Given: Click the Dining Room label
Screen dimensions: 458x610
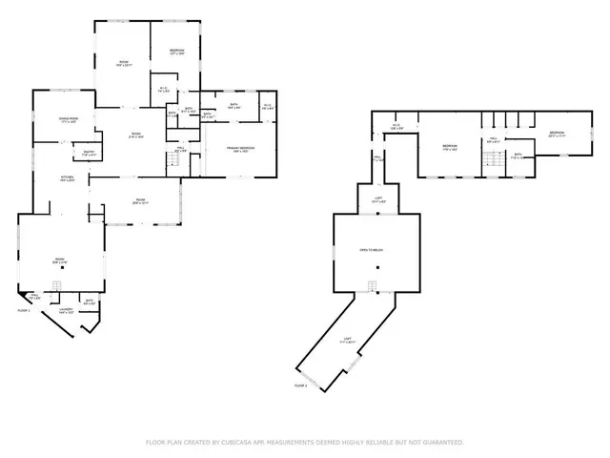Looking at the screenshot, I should pos(68,119).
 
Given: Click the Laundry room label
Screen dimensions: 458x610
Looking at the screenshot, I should pos(66,310).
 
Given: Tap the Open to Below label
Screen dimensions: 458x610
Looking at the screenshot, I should pos(371,250).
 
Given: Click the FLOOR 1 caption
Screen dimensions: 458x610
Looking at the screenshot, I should pos(24,311).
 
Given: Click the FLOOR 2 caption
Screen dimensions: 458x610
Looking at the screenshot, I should pos(301,385).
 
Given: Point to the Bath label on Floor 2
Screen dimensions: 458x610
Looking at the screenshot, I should pos(518,155).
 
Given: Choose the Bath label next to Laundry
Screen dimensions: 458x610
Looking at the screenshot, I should pos(88,302).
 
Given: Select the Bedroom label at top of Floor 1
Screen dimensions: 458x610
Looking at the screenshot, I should pos(177,51).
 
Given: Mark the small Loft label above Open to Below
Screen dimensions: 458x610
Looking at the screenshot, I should pos(376,200).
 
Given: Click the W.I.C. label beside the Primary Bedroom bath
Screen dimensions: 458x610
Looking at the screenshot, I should pos(268,107).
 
